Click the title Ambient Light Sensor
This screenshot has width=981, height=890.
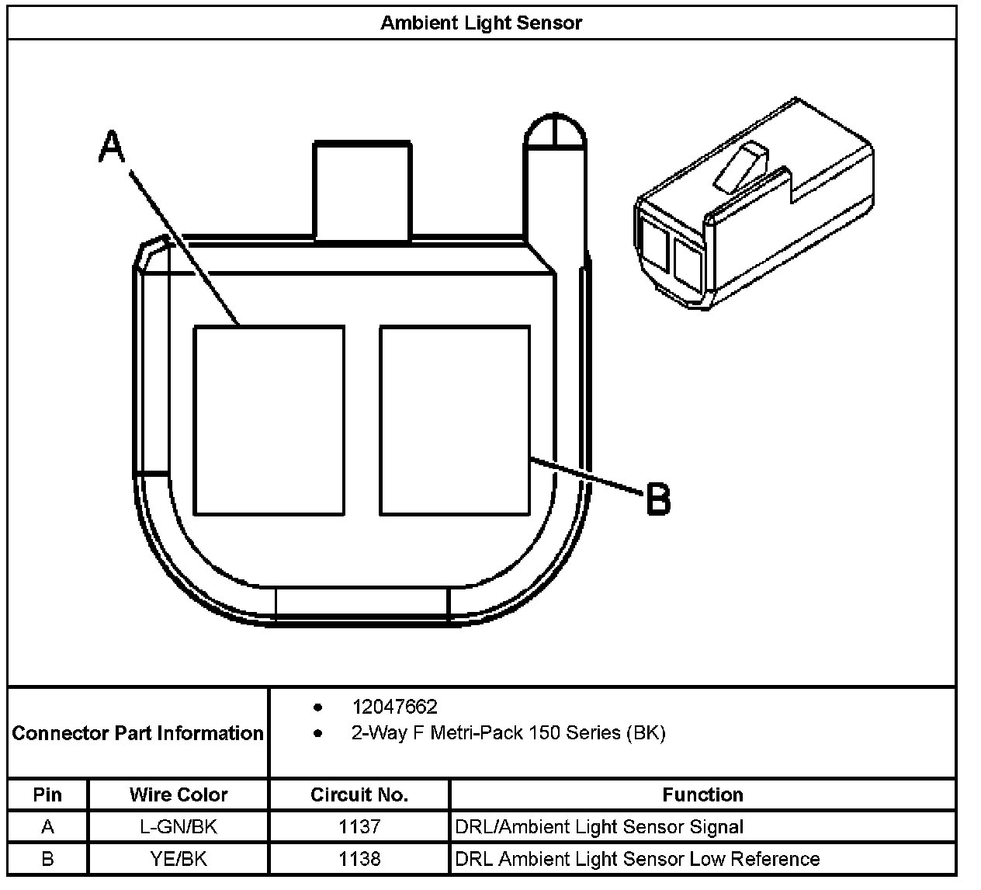tap(480, 23)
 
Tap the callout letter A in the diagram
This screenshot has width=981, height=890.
tap(112, 147)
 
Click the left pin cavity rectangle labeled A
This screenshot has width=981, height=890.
tap(269, 420)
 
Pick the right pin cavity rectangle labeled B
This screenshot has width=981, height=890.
tap(455, 420)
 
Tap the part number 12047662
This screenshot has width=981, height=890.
tap(394, 707)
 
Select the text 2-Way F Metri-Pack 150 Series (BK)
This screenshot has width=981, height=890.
tap(508, 732)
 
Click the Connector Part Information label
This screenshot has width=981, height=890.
tap(138, 733)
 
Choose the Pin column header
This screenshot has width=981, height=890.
tap(47, 794)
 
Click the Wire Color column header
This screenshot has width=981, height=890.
tap(179, 794)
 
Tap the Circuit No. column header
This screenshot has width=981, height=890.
tap(359, 794)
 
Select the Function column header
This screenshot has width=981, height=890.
tap(702, 794)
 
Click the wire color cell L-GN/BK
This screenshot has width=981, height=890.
tap(179, 827)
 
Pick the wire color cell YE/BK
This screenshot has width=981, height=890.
tap(179, 859)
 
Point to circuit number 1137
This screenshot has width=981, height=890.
tap(359, 827)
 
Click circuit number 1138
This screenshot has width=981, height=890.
tap(359, 859)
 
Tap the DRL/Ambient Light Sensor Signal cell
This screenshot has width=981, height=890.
tap(599, 827)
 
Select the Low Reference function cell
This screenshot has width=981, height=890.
tap(637, 859)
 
